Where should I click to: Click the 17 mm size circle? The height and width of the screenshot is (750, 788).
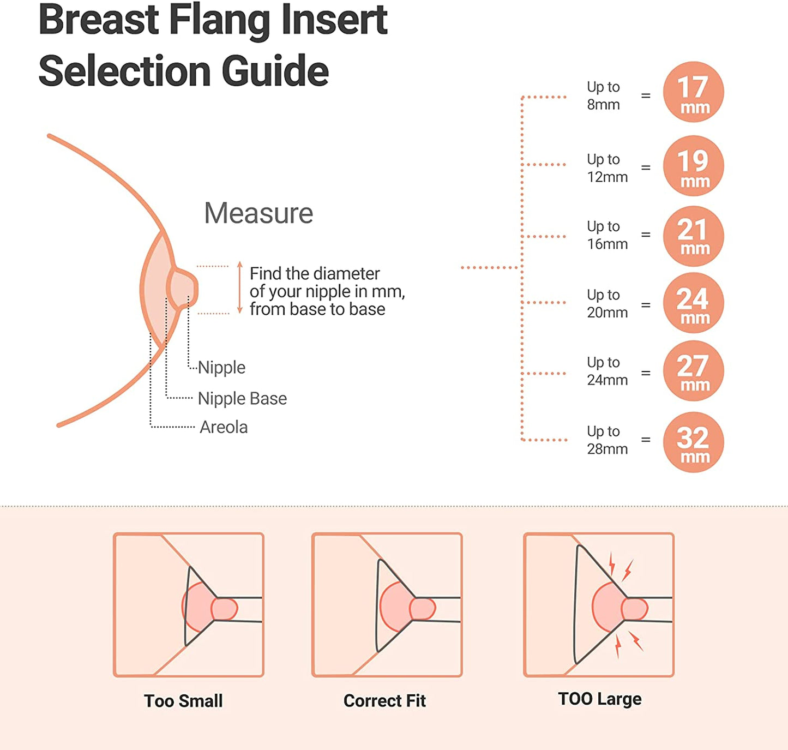pyautogui.click(x=693, y=92)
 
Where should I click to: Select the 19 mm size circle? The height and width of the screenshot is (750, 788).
pyautogui.click(x=693, y=166)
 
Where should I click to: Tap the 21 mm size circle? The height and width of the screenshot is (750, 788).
pyautogui.click(x=693, y=236)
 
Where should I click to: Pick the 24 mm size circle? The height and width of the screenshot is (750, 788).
pyautogui.click(x=693, y=303)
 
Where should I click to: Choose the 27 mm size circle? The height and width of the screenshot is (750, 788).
pyautogui.click(x=693, y=371)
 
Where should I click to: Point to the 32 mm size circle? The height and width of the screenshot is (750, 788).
pyautogui.click(x=693, y=442)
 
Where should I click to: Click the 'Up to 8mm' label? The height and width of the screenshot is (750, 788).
pyautogui.click(x=603, y=95)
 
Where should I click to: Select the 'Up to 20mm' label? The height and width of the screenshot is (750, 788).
pyautogui.click(x=607, y=303)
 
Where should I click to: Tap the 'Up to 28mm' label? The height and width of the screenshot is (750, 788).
pyautogui.click(x=607, y=440)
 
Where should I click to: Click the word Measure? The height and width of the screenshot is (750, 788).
pyautogui.click(x=258, y=213)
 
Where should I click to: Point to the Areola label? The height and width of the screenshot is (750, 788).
pyautogui.click(x=224, y=427)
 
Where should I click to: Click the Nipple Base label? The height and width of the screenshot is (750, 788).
pyautogui.click(x=242, y=399)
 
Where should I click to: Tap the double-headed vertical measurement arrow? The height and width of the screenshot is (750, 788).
pyautogui.click(x=239, y=288)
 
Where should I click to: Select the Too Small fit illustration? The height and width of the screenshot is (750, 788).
pyautogui.click(x=189, y=605)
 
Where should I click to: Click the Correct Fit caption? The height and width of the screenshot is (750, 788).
pyautogui.click(x=384, y=701)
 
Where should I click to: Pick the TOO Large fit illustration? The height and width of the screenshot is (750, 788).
pyautogui.click(x=599, y=605)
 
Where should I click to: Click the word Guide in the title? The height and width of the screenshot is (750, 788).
pyautogui.click(x=275, y=71)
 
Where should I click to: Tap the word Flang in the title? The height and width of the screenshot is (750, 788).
pyautogui.click(x=221, y=21)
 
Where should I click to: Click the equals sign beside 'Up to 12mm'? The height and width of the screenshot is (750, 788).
pyautogui.click(x=646, y=167)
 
